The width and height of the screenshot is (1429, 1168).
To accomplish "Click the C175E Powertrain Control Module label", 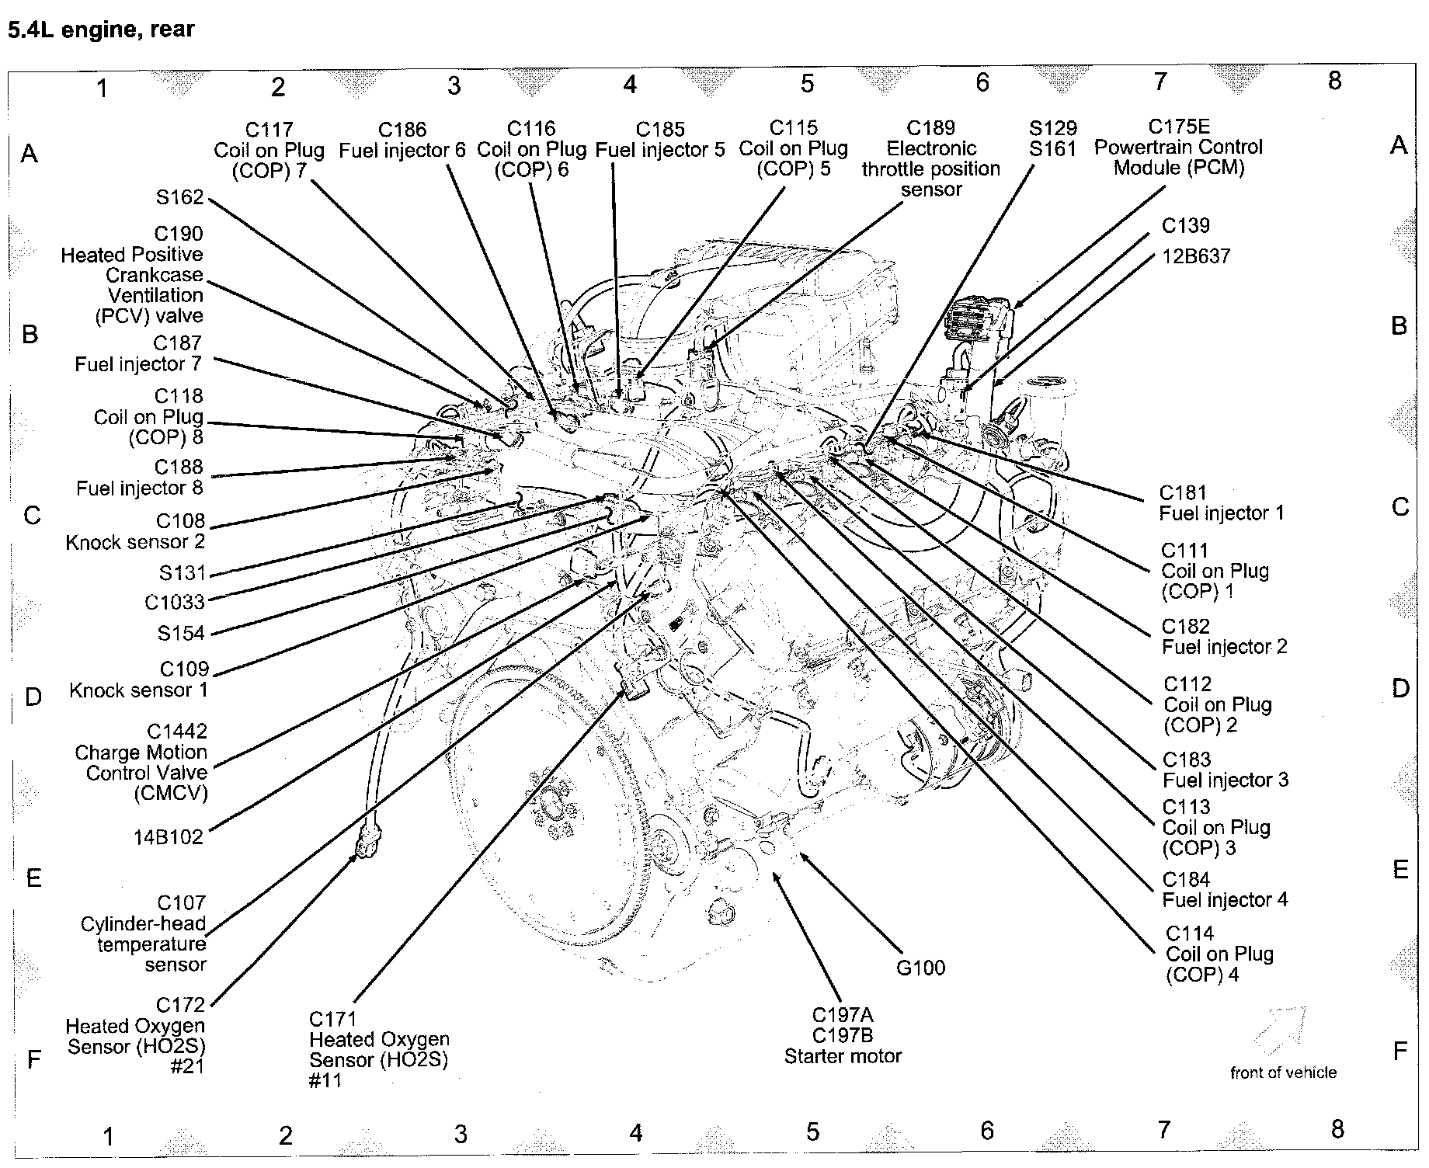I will [x=1178, y=147].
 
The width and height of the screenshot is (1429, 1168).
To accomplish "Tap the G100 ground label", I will [x=920, y=968].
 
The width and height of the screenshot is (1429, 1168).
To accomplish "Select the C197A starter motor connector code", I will [x=842, y=1015].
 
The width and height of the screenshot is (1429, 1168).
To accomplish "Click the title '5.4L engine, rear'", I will [x=101, y=30].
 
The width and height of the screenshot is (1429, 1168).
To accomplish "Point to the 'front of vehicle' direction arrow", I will [x=1279, y=1028].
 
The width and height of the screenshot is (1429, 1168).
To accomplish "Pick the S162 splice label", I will [x=179, y=197].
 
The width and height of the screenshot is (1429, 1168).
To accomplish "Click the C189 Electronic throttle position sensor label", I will [x=930, y=158].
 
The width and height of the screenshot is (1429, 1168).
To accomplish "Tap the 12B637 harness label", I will [x=1196, y=256].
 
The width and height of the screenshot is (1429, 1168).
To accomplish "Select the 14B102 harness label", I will [x=169, y=836].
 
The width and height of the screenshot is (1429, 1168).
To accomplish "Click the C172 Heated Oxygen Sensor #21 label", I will [x=137, y=1036].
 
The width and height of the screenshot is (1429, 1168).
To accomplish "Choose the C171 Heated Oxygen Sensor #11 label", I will [x=378, y=1049].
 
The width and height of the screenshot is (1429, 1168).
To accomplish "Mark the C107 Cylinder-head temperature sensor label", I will [x=144, y=933].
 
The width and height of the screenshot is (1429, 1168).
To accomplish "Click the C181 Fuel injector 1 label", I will [x=1221, y=502].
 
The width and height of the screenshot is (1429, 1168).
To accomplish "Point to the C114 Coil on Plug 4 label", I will [x=1219, y=954].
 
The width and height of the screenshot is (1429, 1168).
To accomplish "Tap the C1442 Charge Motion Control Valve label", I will [x=142, y=762].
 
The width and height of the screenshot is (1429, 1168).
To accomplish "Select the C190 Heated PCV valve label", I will [x=133, y=274].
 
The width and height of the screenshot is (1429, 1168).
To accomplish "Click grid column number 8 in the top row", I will [x=1334, y=81].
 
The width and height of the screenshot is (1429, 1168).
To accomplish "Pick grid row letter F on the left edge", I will [x=33, y=1059].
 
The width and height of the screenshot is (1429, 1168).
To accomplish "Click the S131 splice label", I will [x=183, y=573].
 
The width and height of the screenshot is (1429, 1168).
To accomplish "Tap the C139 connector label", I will [x=1185, y=225].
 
